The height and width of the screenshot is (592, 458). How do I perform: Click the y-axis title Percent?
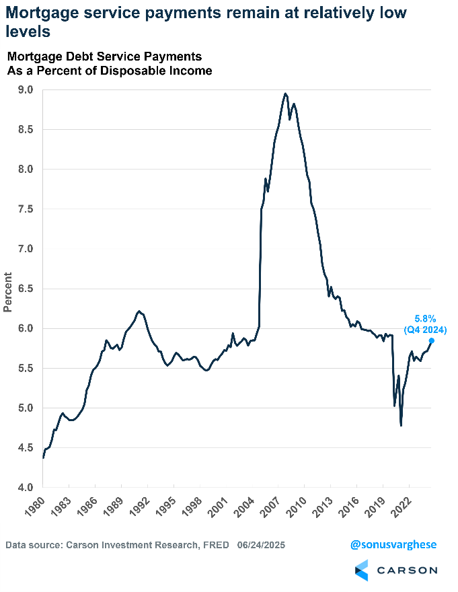click(x=8, y=291)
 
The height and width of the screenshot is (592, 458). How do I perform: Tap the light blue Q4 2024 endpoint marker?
click(x=431, y=340)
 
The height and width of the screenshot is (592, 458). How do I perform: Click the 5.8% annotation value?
click(x=424, y=318)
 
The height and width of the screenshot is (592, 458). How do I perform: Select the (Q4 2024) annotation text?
click(x=425, y=330)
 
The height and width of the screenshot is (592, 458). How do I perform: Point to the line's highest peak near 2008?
click(x=285, y=94)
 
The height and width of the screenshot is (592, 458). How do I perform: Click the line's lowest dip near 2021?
click(x=402, y=425)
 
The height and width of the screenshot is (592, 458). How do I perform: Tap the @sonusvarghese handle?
click(x=393, y=545)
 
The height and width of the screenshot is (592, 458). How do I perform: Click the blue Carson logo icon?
click(x=361, y=570)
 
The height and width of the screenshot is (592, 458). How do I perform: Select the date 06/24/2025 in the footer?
click(x=261, y=545)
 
